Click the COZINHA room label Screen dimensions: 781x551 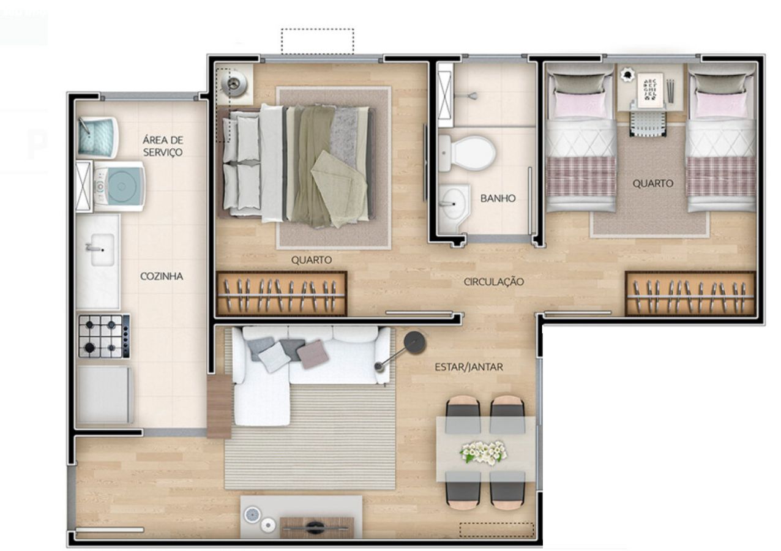162,276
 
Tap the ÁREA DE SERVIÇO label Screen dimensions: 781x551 163,146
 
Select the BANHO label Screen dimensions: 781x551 498,198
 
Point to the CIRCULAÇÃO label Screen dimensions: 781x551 494,281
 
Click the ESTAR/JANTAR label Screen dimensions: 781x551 469,367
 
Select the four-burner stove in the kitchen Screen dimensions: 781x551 104,336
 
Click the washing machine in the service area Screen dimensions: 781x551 119,186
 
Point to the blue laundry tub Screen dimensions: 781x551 98,137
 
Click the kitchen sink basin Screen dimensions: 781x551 102,250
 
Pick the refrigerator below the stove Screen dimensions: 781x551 105,395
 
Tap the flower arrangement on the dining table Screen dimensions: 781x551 484,452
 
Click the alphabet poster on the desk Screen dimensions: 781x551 650,90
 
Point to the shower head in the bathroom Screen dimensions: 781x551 473,95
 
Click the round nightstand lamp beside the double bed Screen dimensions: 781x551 236,83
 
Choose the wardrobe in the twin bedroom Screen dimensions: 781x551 690,294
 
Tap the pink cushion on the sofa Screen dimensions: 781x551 313,354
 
